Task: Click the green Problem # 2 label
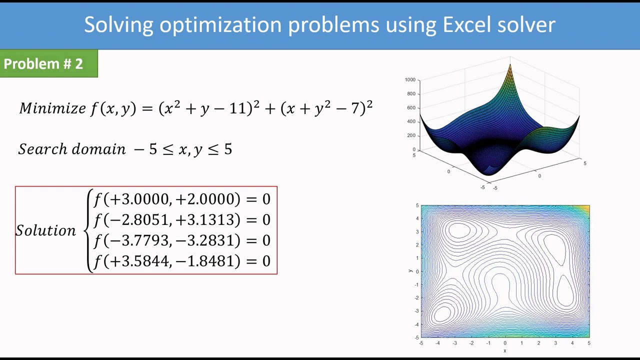(x=43, y=64)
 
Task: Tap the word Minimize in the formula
(x=52, y=108)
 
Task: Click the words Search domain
(x=72, y=149)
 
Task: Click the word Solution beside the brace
(x=45, y=230)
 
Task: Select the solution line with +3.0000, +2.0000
(x=182, y=199)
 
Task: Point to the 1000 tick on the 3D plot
(x=410, y=79)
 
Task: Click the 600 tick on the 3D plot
(x=411, y=107)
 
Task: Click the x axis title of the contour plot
(x=504, y=350)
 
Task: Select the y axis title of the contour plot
(x=410, y=271)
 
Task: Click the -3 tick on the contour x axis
(x=454, y=343)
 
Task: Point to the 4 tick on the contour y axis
(x=416, y=218)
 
